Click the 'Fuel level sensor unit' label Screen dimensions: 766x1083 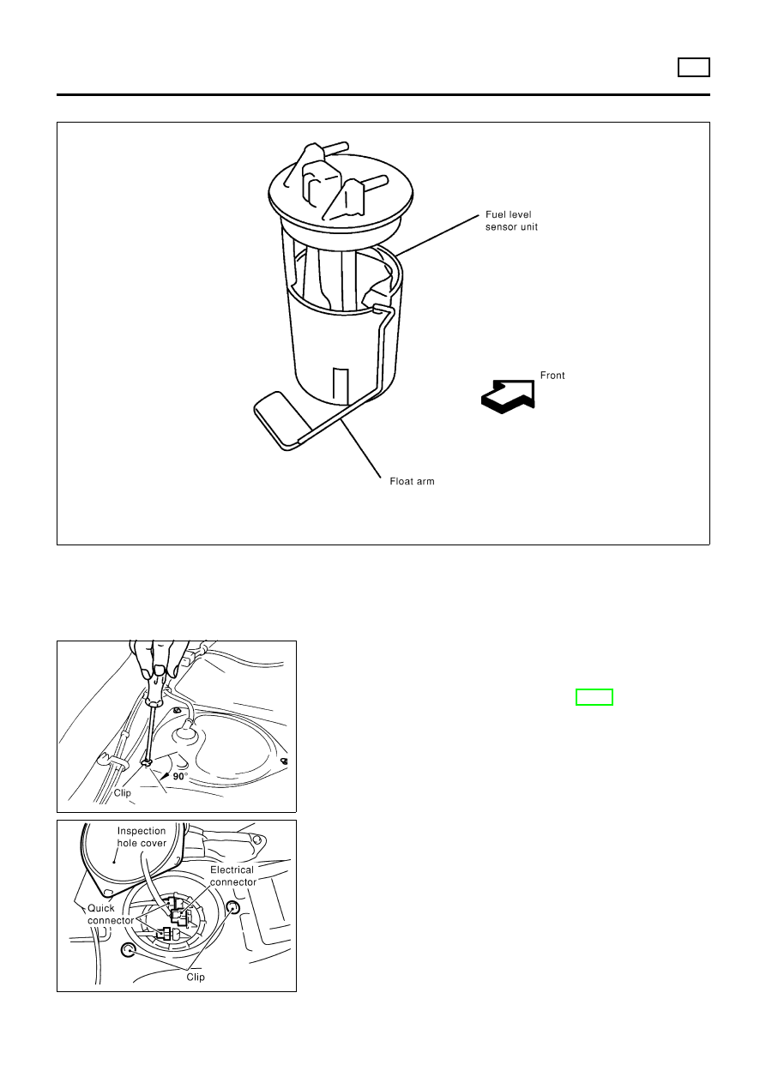pos(511,220)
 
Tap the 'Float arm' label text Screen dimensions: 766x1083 pos(412,482)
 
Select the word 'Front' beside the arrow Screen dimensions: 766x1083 pos(552,376)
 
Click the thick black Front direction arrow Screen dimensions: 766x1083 pos(508,396)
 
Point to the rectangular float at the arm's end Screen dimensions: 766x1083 pos(280,419)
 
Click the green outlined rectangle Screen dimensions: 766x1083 pos(594,697)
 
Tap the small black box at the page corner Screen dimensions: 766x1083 pos(693,67)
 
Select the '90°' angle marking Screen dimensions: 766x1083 pos(180,776)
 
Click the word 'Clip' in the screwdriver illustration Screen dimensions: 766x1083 pos(123,793)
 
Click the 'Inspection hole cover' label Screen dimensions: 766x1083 pos(142,836)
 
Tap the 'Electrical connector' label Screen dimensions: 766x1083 pos(232,875)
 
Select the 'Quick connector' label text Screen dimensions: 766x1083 pos(111,914)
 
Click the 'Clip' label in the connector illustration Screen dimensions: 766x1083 pos(196,978)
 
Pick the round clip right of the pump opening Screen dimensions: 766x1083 pos(233,907)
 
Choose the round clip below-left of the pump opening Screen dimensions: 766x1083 pos(128,951)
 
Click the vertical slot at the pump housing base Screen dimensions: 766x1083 pos(341,387)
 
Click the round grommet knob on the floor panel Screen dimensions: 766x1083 pos(185,734)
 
